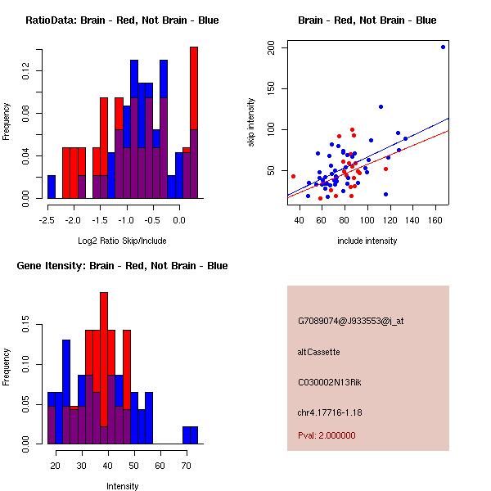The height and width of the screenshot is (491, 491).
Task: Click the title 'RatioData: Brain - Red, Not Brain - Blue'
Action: tap(122, 20)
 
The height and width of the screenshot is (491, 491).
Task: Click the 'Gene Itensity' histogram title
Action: tap(122, 266)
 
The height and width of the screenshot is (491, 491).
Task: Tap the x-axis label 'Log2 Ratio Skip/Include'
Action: tap(122, 241)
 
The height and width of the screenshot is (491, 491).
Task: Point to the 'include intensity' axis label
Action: tap(367, 241)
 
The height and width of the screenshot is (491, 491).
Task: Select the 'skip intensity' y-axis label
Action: tap(251, 123)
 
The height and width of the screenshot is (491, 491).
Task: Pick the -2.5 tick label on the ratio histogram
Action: tap(47, 220)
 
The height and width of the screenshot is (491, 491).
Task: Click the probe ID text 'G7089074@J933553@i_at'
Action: tap(350, 321)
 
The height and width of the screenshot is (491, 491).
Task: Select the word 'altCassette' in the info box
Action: tap(318, 352)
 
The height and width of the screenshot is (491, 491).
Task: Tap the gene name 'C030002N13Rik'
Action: tap(331, 382)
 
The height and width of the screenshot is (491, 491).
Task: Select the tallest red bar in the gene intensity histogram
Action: tap(104, 360)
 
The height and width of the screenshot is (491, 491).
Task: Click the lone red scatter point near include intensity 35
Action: tap(293, 176)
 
